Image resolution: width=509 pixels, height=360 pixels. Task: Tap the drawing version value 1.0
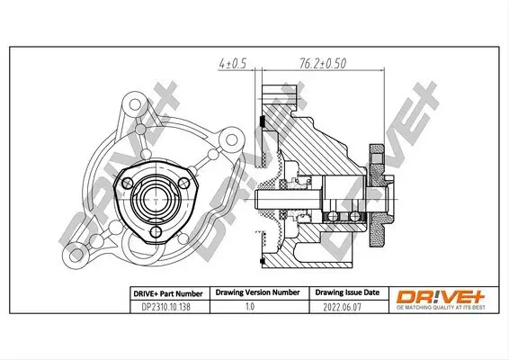(249, 306)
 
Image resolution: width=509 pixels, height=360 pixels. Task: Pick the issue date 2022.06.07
(346, 306)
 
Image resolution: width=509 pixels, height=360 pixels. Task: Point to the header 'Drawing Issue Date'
(346, 292)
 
